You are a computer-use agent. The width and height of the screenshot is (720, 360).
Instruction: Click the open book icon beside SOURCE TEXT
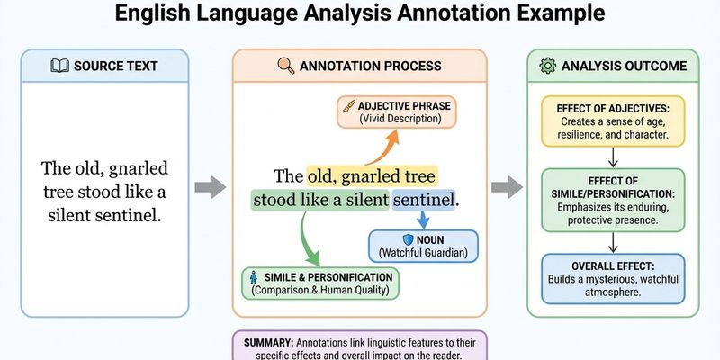pos(58,66)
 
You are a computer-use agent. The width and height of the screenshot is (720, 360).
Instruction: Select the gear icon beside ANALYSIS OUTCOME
pos(547,66)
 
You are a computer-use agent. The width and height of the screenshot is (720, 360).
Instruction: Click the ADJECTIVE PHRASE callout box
pos(397,112)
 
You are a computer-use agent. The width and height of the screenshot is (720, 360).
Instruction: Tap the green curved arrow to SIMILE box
pos(305,240)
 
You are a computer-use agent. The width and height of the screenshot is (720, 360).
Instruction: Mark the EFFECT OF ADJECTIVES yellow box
pos(611,121)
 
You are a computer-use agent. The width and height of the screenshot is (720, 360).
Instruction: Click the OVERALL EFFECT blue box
pos(611,279)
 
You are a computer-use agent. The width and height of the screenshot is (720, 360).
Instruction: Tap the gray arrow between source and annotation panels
pos(210,188)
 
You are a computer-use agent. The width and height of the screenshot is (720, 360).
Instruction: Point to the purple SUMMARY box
pos(360,346)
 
